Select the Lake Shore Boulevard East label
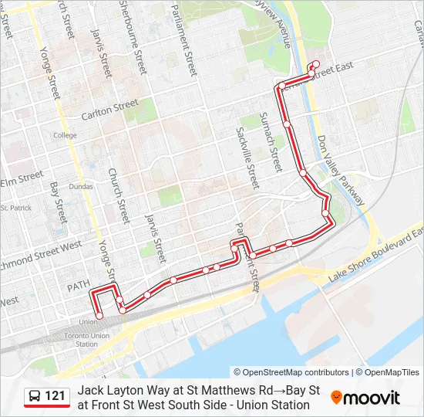(375, 253)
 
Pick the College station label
(65, 135)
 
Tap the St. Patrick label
(15, 208)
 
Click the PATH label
(79, 286)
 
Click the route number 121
(55, 396)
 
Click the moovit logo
(365, 398)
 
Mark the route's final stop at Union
(99, 315)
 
